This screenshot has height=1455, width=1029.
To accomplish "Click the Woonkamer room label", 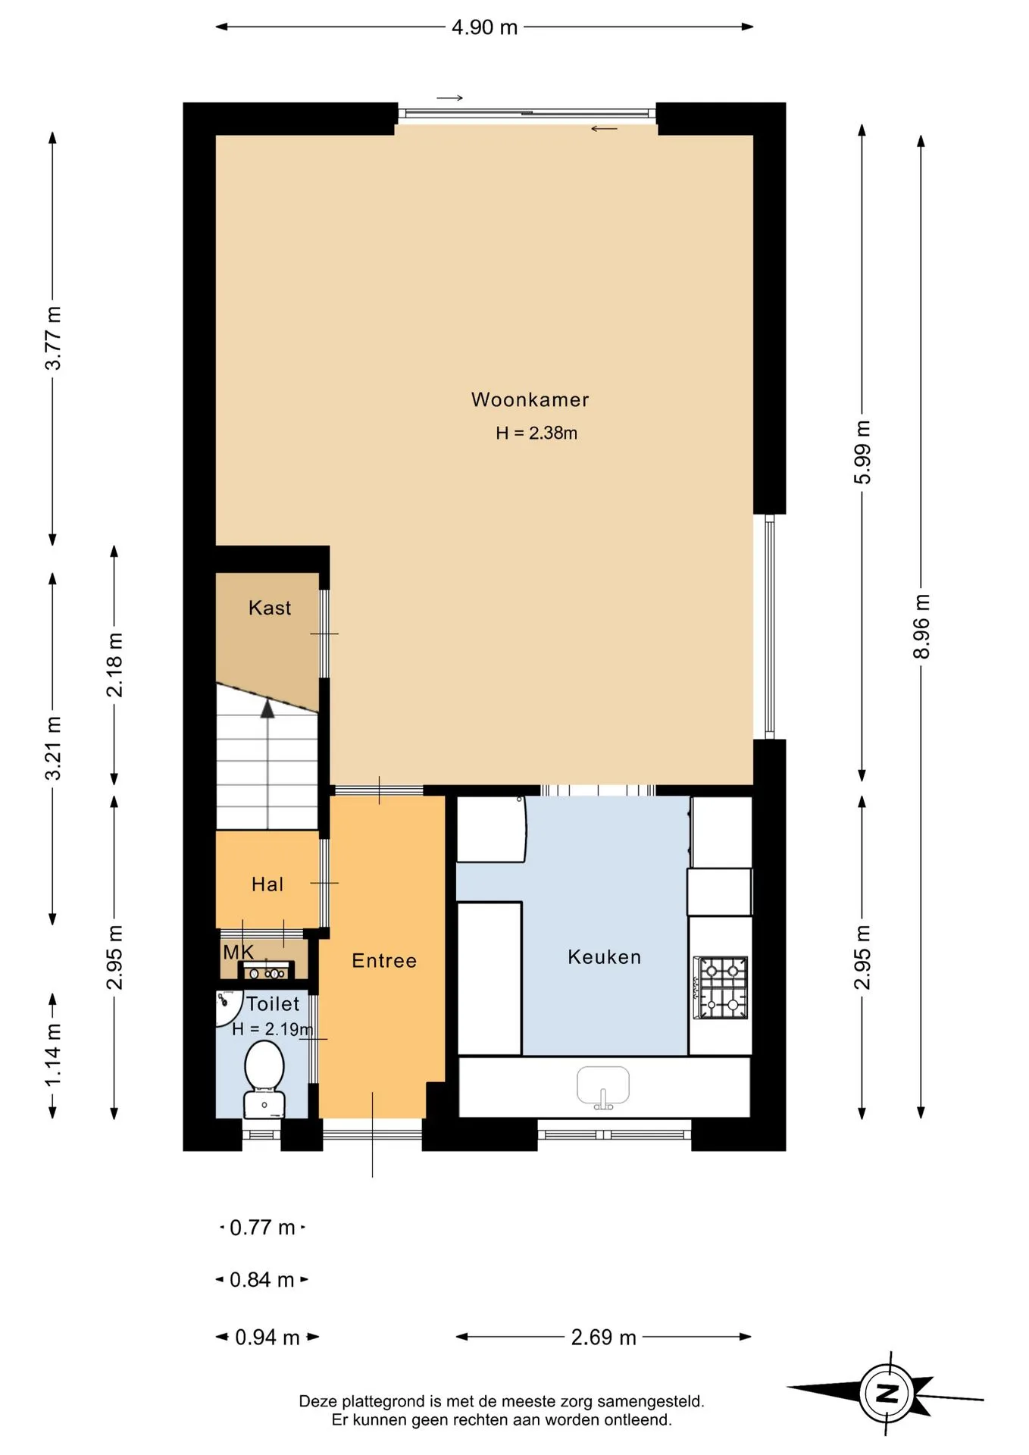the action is click(530, 399).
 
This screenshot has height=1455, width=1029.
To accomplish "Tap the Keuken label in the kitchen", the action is click(604, 957).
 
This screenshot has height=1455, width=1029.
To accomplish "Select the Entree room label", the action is click(384, 961).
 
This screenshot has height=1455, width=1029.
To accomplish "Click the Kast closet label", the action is click(270, 608).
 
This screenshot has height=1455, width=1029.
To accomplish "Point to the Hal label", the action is click(267, 884).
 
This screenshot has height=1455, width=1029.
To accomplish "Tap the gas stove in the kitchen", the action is click(721, 988).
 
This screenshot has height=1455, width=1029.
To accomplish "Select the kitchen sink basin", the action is click(603, 1087).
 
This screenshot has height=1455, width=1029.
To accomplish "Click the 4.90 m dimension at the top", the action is click(484, 27).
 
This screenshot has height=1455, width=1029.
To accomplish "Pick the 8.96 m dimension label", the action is click(921, 627).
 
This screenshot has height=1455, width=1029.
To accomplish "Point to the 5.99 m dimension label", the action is click(862, 452).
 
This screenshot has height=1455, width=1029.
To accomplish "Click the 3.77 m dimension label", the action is click(53, 338).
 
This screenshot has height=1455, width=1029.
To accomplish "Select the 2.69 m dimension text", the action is click(603, 1337).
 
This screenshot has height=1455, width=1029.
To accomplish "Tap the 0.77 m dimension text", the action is click(262, 1227).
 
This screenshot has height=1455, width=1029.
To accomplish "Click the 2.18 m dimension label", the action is click(114, 665).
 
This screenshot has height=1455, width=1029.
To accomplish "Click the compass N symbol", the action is click(887, 1393).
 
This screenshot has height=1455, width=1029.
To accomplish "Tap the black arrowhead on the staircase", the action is click(267, 709).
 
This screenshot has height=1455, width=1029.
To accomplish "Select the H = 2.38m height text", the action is click(536, 433).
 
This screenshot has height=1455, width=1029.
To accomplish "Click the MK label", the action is click(238, 952).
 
